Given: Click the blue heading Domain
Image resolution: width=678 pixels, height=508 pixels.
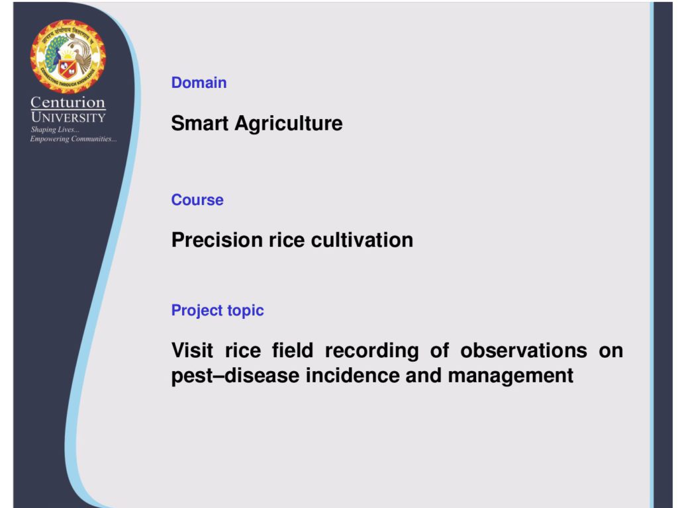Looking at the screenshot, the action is pyautogui.click(x=199, y=83).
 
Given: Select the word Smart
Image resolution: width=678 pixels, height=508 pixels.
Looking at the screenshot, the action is pyautogui.click(x=200, y=123).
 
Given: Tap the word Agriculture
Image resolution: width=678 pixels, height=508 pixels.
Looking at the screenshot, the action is pyautogui.click(x=289, y=124).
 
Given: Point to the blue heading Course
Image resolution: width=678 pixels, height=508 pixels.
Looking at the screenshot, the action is pyautogui.click(x=197, y=200).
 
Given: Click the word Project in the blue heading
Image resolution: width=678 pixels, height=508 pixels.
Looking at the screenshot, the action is pyautogui.click(x=196, y=311).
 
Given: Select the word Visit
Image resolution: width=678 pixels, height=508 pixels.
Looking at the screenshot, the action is pyautogui.click(x=192, y=351).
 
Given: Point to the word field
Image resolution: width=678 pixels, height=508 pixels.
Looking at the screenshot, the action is pyautogui.click(x=292, y=351).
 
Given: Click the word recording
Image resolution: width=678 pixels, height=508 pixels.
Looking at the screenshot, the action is pyautogui.click(x=372, y=351).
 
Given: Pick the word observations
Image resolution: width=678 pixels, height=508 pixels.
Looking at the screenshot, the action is pyautogui.click(x=524, y=351).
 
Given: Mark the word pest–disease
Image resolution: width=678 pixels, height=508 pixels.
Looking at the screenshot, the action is pyautogui.click(x=235, y=376).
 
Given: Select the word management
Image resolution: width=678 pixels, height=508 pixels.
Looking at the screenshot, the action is pyautogui.click(x=510, y=376).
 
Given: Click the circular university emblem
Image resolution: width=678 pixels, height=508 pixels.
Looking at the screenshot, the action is pyautogui.click(x=68, y=57).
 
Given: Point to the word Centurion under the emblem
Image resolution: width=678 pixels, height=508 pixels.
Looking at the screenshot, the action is pyautogui.click(x=68, y=103).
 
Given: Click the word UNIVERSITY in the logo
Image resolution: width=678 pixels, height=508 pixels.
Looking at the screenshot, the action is pyautogui.click(x=68, y=118).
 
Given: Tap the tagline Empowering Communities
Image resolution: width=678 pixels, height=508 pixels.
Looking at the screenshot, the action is pyautogui.click(x=73, y=139).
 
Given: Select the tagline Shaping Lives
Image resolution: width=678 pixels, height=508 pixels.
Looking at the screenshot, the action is pyautogui.click(x=55, y=130).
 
